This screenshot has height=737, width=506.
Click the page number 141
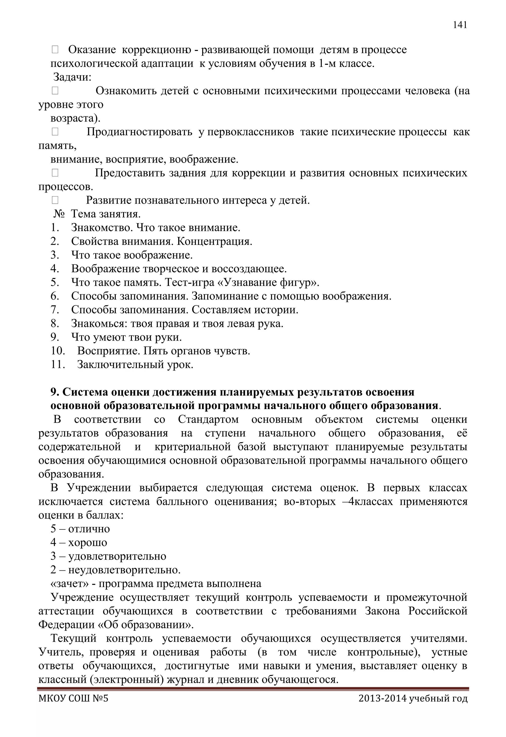click(460, 25)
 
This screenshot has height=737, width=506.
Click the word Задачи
click(72, 77)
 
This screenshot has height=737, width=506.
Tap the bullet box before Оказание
click(55, 49)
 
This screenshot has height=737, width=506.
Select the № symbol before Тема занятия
click(59, 214)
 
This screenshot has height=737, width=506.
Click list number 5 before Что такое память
click(55, 282)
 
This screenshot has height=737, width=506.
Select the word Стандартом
click(208, 419)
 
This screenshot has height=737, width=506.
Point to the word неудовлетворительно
click(124, 570)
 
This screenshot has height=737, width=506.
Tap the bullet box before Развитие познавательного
click(55, 200)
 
